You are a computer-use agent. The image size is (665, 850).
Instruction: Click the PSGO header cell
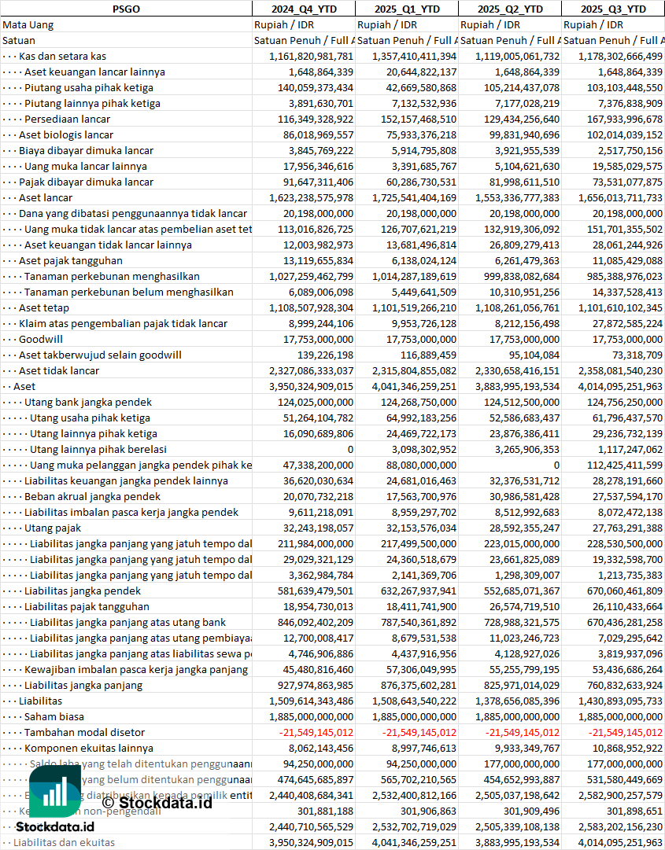126,9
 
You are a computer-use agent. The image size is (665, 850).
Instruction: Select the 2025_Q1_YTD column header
406,9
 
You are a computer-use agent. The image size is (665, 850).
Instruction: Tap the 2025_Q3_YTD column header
613,9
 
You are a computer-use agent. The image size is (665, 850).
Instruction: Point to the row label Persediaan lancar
67,119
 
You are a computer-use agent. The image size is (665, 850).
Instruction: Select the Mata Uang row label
28,24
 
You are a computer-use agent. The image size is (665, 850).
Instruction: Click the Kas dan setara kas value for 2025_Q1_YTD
406,56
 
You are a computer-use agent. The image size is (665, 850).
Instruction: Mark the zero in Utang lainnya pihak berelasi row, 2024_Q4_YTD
350,449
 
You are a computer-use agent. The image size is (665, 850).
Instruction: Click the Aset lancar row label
46,197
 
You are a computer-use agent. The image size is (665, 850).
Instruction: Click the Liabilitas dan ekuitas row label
64,842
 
